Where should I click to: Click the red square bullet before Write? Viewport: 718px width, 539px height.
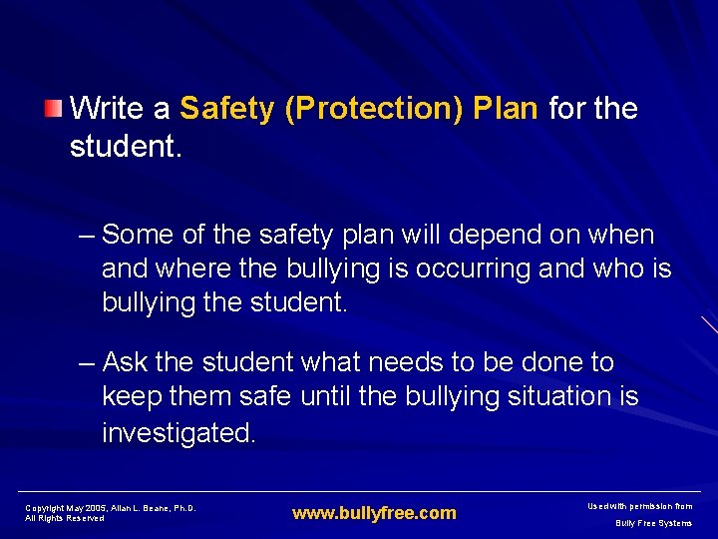pos(55,107)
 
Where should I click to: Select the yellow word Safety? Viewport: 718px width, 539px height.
pos(227,108)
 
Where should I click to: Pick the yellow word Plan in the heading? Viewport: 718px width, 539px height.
pos(507,108)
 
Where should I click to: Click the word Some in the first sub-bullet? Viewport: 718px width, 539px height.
pos(139,235)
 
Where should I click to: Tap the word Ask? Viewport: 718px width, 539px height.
pos(125,361)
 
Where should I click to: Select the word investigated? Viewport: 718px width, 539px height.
pos(179,432)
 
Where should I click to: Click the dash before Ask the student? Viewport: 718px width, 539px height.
pos(87,361)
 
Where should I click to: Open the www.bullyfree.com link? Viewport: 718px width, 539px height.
pos(374,513)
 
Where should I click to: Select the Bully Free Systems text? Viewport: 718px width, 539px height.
pos(653,523)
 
